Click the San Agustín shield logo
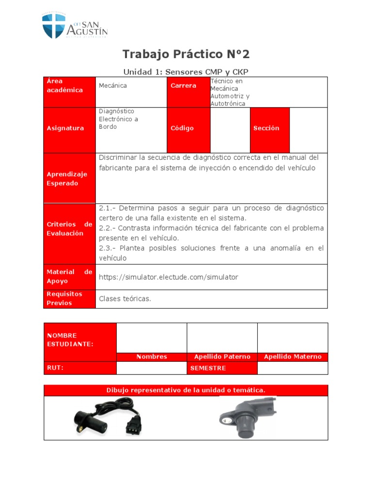point(53,26)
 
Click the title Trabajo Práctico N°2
point(186,54)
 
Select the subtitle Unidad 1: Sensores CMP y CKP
point(186,72)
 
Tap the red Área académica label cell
point(70,92)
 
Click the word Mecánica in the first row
point(113,86)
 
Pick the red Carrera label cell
point(188,92)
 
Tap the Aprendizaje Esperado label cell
point(70,178)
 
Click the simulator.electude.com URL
point(169,277)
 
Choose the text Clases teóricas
point(125,299)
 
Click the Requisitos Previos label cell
point(70,299)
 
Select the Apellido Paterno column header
point(222,357)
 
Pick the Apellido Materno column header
point(293,357)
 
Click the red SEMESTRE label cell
point(222,368)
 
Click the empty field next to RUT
point(151,368)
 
